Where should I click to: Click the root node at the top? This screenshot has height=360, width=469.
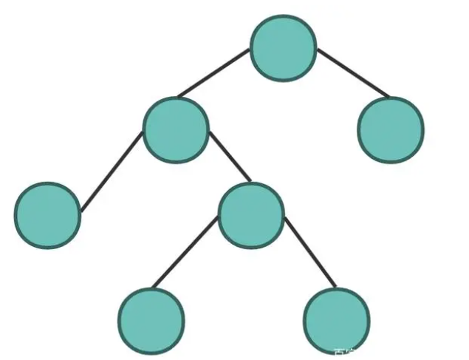click(x=284, y=48)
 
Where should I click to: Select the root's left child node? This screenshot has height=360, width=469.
click(x=176, y=130)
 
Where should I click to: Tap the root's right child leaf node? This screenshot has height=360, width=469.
click(x=391, y=129)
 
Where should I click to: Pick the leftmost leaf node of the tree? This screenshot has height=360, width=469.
click(x=47, y=214)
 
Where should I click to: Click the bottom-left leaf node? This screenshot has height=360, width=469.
click(x=151, y=321)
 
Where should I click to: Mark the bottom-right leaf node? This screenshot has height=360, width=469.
click(x=336, y=321)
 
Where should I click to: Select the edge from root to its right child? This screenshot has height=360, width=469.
click(x=352, y=74)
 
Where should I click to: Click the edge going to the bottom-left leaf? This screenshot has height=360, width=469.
click(x=187, y=252)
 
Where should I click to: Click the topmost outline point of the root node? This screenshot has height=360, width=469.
click(x=284, y=16)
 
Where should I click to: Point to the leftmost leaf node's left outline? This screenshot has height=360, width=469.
click(x=15, y=214)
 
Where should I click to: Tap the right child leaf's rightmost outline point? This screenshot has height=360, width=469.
click(x=423, y=129)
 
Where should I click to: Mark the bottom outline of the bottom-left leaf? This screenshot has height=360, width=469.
click(x=151, y=353)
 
